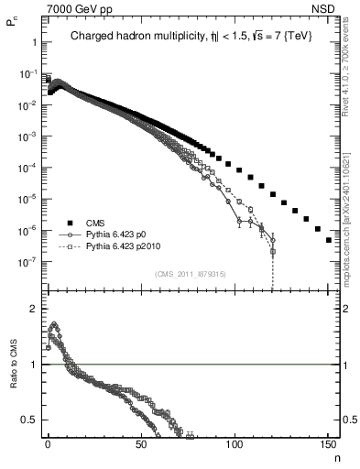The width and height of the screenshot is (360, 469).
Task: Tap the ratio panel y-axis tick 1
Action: (31, 365)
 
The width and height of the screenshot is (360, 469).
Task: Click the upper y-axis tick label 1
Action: (31, 42)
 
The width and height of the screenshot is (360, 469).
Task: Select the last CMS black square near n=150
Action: (329, 240)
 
